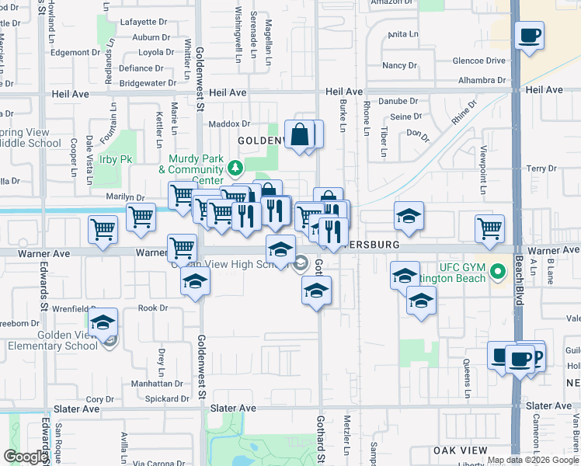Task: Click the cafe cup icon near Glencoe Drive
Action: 529,36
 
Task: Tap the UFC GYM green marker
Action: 501,273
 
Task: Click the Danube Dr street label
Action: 398,101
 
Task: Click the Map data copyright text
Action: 532,460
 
